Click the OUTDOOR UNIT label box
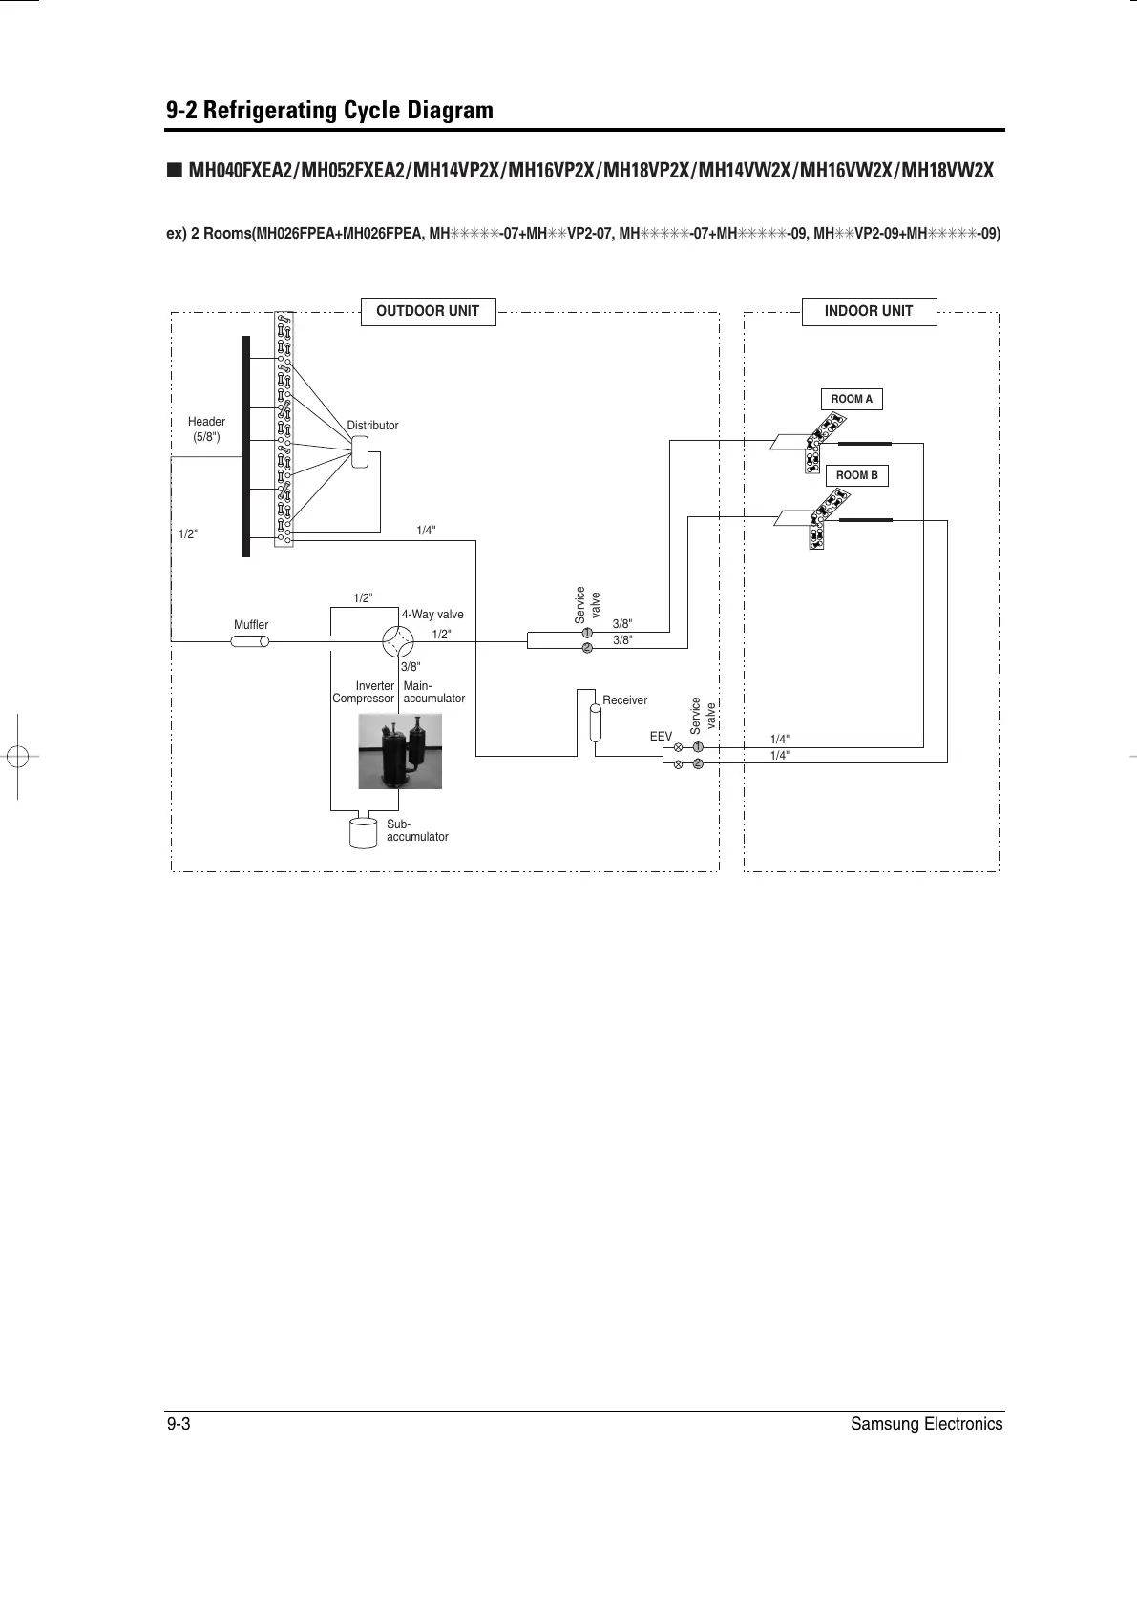point(428,312)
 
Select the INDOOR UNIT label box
point(868,312)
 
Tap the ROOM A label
point(852,399)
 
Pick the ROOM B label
point(856,475)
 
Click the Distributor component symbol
point(360,451)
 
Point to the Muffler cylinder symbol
point(250,641)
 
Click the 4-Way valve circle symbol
point(396,641)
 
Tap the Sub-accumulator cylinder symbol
point(364,832)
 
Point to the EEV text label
point(661,737)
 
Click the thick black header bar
point(246,446)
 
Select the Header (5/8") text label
point(206,429)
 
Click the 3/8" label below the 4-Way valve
point(411,667)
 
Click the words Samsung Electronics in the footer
point(926,1424)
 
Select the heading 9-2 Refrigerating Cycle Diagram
point(329,111)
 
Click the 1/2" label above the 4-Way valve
point(363,598)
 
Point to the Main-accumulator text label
point(433,692)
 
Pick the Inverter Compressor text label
point(364,692)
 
